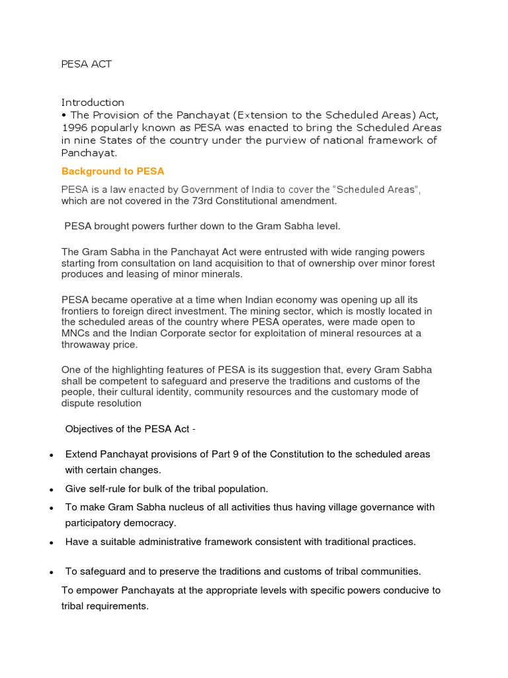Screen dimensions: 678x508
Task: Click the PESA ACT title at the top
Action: click(x=87, y=64)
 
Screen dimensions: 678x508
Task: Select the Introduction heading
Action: click(x=93, y=103)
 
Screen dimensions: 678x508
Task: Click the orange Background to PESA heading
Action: click(x=112, y=171)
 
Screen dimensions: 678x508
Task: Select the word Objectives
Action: click(x=88, y=428)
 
